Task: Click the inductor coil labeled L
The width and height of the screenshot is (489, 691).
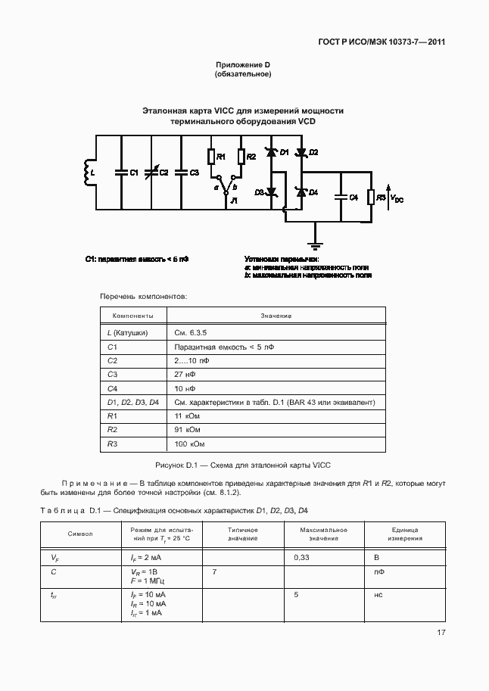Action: (x=84, y=173)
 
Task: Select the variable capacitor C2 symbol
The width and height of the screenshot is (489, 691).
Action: (x=150, y=173)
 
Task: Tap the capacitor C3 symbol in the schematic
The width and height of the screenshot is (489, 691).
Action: (x=181, y=173)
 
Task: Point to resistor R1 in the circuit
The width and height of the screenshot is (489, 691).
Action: (x=212, y=157)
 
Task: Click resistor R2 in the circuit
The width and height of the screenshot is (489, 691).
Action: (x=241, y=157)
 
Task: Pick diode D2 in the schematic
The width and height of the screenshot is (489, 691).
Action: (x=301, y=153)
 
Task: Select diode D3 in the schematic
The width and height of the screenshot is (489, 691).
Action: (x=270, y=193)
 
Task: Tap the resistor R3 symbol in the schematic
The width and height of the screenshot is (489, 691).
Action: (x=372, y=198)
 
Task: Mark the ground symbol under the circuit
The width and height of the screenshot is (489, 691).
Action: (x=315, y=245)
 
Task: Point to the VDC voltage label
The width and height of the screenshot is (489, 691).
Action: (x=397, y=199)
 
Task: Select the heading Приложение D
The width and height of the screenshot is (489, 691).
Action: (x=244, y=65)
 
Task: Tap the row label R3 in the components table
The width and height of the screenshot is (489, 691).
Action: (x=113, y=444)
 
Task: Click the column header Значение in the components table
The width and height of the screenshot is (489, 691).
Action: (x=276, y=316)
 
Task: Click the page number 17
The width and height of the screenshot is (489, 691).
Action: (x=440, y=633)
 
